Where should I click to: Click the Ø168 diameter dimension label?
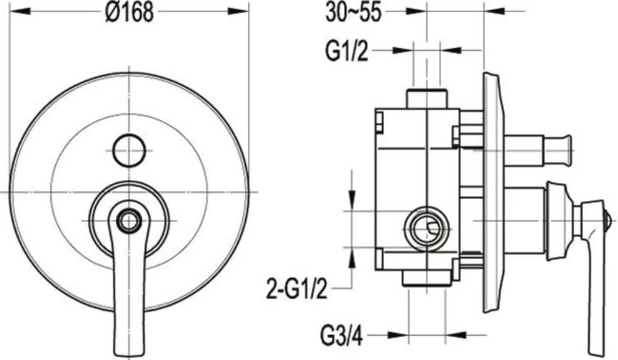(129, 13)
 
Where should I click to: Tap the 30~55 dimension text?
(353, 12)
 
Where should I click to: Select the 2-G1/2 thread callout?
(297, 288)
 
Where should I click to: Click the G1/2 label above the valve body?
(347, 52)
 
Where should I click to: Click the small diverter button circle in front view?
(129, 150)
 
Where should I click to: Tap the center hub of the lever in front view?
(129, 220)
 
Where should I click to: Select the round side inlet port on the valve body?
(426, 229)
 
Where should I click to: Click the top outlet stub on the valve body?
(426, 98)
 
